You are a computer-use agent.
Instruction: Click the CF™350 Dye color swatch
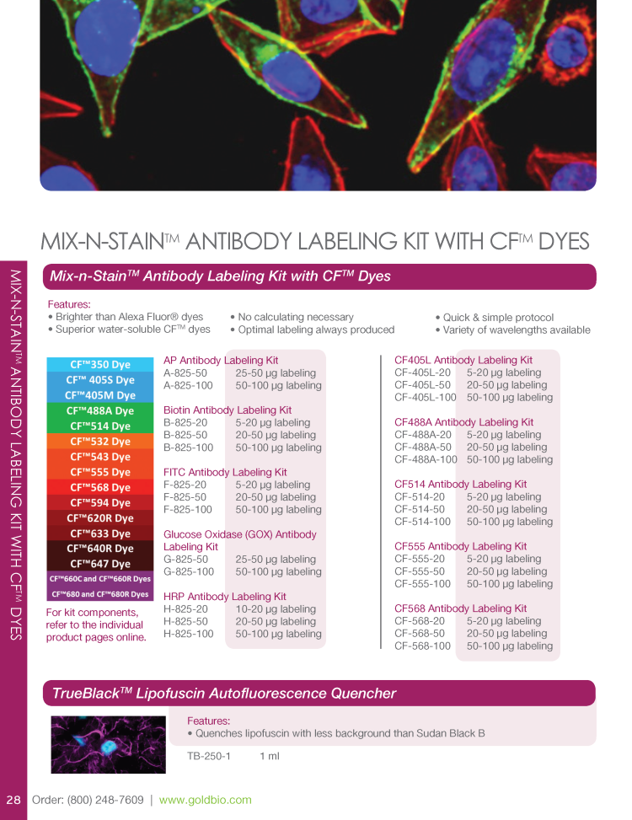99,365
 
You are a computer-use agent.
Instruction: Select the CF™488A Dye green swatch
99,411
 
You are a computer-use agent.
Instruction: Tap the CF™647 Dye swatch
99,564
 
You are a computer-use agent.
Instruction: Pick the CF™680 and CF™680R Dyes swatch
99,594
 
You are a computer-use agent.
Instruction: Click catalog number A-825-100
188,385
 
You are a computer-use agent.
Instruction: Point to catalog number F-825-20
185,485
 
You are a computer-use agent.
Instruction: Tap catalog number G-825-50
185,559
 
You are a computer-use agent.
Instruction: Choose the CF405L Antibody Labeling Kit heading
463,360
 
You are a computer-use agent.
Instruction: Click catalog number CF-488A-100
426,459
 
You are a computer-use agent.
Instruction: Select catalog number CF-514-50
419,509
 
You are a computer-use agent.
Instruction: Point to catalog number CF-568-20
419,621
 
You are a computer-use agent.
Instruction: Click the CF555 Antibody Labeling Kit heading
460,546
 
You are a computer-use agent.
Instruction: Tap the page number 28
13,800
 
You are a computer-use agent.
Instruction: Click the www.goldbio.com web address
205,800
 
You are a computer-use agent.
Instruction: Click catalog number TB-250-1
208,756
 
